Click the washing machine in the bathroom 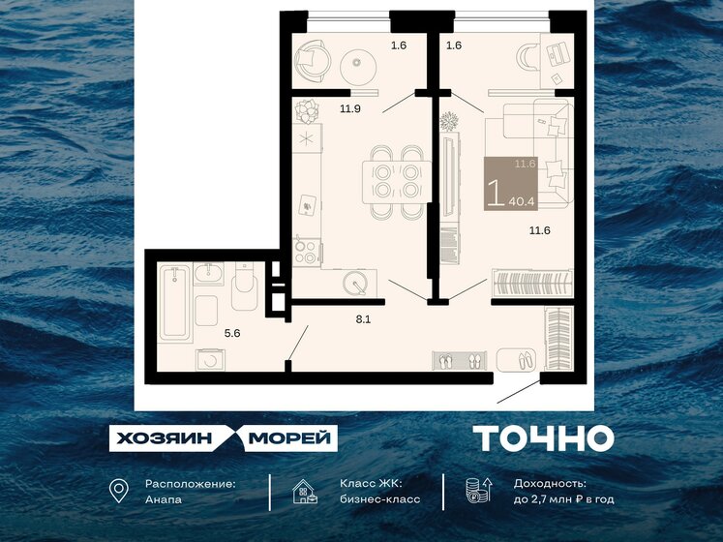coord(209,358)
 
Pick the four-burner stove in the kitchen coord(308,252)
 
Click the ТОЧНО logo coord(543,438)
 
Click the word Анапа coord(162,499)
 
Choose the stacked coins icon coord(474,491)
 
